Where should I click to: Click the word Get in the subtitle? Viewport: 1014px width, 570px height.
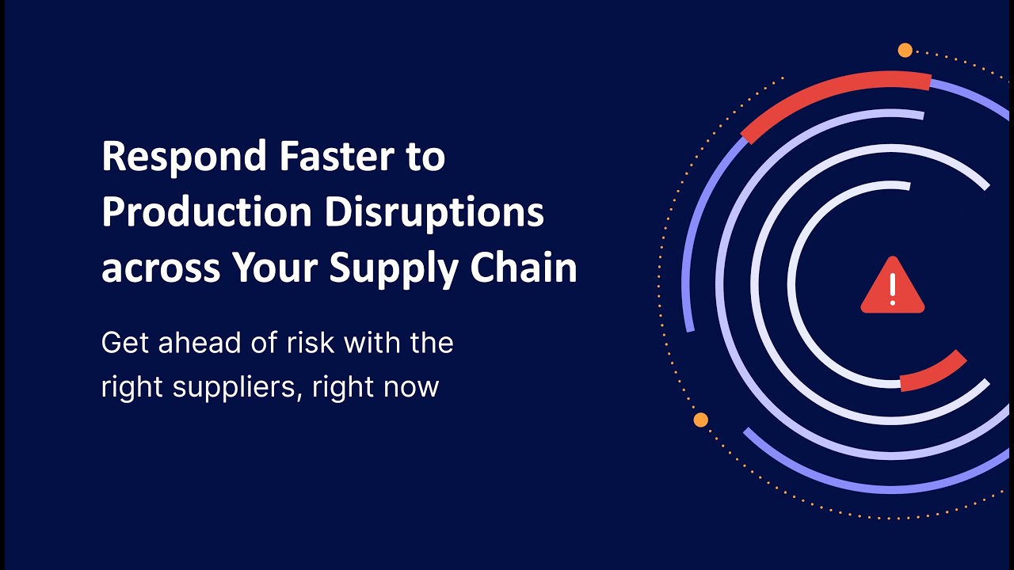click(x=121, y=344)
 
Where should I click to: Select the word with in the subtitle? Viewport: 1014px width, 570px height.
click(x=371, y=344)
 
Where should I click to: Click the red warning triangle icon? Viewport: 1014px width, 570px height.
click(x=892, y=287)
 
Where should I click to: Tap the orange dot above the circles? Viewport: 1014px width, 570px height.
click(x=905, y=51)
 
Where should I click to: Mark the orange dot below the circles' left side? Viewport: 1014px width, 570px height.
click(x=700, y=420)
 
